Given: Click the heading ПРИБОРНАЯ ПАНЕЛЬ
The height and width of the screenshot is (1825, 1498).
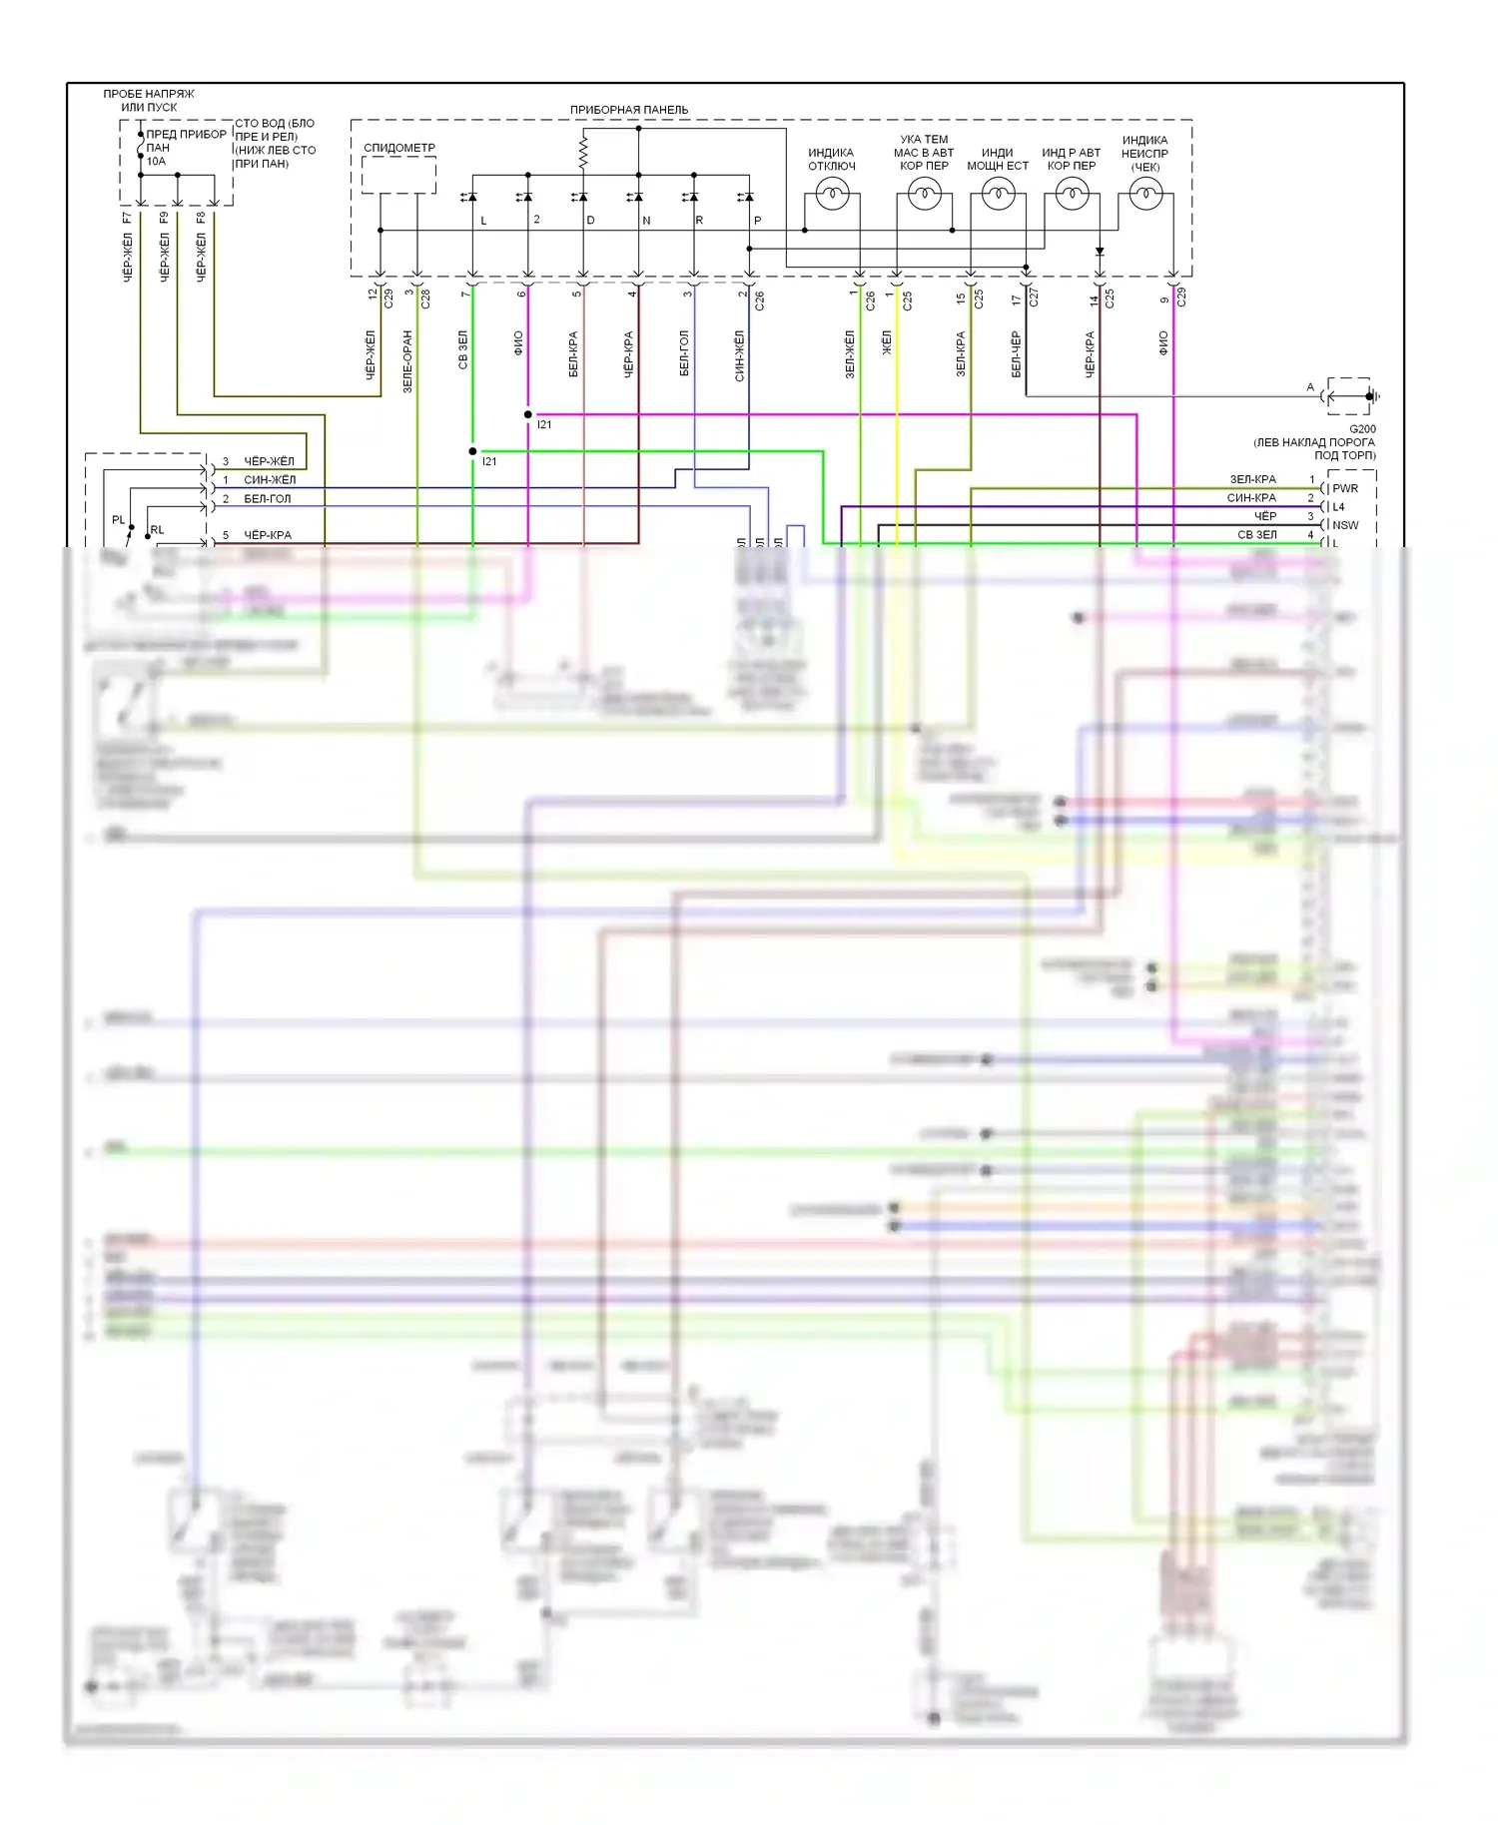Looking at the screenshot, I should tap(628, 110).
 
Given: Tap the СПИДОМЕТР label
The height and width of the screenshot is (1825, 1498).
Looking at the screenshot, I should tap(398, 148).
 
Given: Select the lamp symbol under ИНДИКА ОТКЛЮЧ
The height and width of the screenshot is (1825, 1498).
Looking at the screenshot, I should tap(832, 194).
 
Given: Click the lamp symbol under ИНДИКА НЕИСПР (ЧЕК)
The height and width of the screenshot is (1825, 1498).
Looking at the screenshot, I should tap(1145, 195).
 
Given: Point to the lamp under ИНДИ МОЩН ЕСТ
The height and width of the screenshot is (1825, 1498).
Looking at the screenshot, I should tap(998, 194).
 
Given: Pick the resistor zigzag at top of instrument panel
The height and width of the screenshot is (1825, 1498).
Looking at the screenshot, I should tap(583, 153).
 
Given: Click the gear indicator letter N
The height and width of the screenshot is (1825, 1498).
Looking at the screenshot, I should tap(646, 221).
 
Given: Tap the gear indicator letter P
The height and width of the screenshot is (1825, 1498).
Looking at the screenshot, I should tap(757, 221).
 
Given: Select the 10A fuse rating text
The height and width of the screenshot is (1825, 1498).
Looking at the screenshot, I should tap(157, 162).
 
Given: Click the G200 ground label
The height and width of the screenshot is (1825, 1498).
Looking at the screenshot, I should tap(1362, 429).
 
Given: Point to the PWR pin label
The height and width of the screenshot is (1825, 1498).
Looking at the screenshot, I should tap(1344, 489).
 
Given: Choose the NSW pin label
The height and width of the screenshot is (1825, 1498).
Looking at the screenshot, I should tap(1344, 525).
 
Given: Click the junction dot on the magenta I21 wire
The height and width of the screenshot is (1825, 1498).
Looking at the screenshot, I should tap(528, 414).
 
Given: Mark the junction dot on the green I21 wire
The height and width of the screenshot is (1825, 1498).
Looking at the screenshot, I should tap(473, 451).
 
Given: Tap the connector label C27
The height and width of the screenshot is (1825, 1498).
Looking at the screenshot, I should tap(1034, 298).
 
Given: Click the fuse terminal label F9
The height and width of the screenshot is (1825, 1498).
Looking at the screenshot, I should tap(164, 218).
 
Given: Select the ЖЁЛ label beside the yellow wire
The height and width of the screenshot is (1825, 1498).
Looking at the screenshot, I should tap(886, 343).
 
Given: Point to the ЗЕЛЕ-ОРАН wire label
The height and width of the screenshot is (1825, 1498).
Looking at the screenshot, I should tap(407, 361).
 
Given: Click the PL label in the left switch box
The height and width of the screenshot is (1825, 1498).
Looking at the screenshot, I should tap(119, 520).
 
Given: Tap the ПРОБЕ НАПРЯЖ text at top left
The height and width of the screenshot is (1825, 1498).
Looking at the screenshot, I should tap(149, 94).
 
